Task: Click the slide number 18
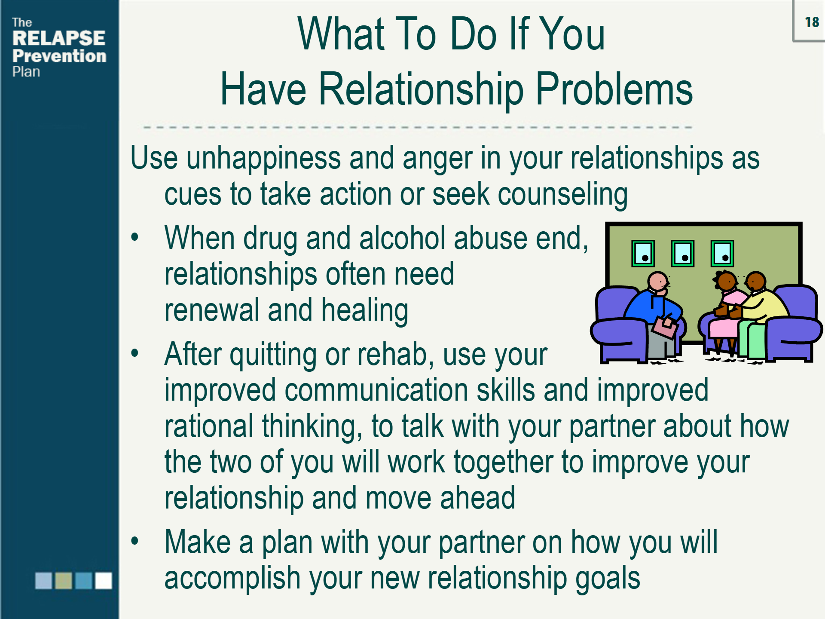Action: (812, 22)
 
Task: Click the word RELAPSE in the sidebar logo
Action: (58, 38)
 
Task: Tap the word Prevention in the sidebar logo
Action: (59, 56)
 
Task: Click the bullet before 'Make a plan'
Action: (135, 541)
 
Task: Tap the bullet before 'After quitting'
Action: (135, 353)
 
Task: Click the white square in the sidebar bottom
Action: (103, 580)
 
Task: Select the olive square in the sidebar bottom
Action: (64, 580)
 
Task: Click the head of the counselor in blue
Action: (657, 282)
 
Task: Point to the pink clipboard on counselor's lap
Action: (665, 327)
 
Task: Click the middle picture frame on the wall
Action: (682, 254)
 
